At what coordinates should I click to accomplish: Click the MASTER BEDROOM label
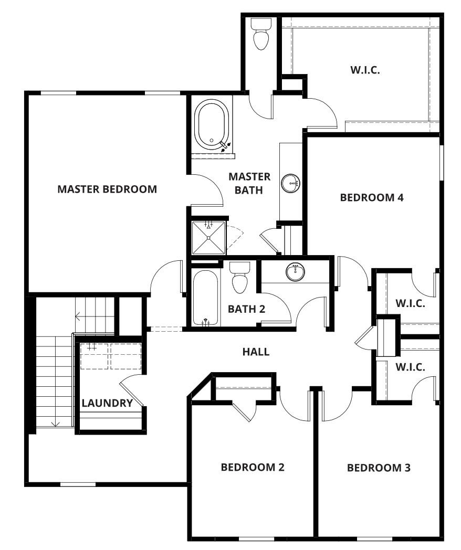click(107, 189)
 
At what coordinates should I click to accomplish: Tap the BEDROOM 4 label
click(372, 197)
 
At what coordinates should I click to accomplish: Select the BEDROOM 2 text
click(253, 467)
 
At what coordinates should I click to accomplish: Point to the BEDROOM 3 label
click(379, 468)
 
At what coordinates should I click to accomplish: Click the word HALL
click(256, 352)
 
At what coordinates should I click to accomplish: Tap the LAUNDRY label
click(107, 403)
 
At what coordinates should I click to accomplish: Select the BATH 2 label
click(246, 309)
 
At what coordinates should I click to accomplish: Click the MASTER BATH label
click(249, 183)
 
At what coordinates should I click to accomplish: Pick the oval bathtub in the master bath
click(212, 124)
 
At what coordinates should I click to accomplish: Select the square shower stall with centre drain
click(208, 238)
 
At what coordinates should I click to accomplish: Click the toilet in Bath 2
click(240, 278)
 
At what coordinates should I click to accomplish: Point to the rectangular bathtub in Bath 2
click(205, 298)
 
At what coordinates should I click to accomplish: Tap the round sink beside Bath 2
click(295, 271)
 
